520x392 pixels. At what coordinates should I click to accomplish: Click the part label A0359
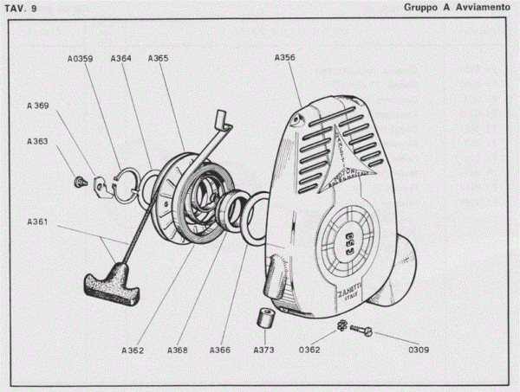(x=80, y=60)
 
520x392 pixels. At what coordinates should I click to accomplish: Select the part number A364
(x=121, y=59)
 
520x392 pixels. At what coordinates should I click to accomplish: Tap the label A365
(x=159, y=58)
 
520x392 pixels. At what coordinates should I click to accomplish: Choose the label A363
(x=37, y=140)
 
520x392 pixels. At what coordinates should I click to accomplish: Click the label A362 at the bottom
(x=133, y=350)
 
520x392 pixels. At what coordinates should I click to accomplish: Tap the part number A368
(x=176, y=350)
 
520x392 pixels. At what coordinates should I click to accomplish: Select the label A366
(x=220, y=350)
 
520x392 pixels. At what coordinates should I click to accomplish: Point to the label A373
(x=264, y=350)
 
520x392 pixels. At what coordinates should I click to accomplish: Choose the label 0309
(x=419, y=350)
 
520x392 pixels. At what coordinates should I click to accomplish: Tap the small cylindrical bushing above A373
(x=266, y=318)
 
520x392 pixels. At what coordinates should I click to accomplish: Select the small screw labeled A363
(x=80, y=182)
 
